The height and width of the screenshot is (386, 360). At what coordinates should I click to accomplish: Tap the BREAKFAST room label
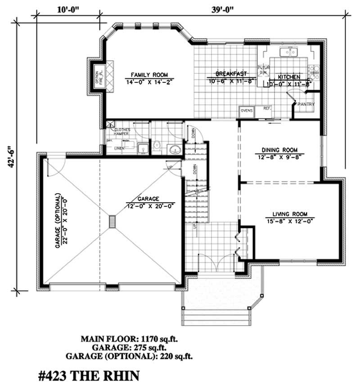coord(230,73)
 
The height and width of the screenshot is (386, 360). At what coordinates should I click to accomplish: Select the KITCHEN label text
coord(288,77)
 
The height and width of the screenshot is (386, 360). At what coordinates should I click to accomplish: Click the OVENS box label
coord(246,110)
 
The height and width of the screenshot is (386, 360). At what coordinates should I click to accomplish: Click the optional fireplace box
coord(98,73)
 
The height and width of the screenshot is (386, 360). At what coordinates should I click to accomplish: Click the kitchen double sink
coord(288,53)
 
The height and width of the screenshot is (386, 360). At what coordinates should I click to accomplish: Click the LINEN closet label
coord(119,147)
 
